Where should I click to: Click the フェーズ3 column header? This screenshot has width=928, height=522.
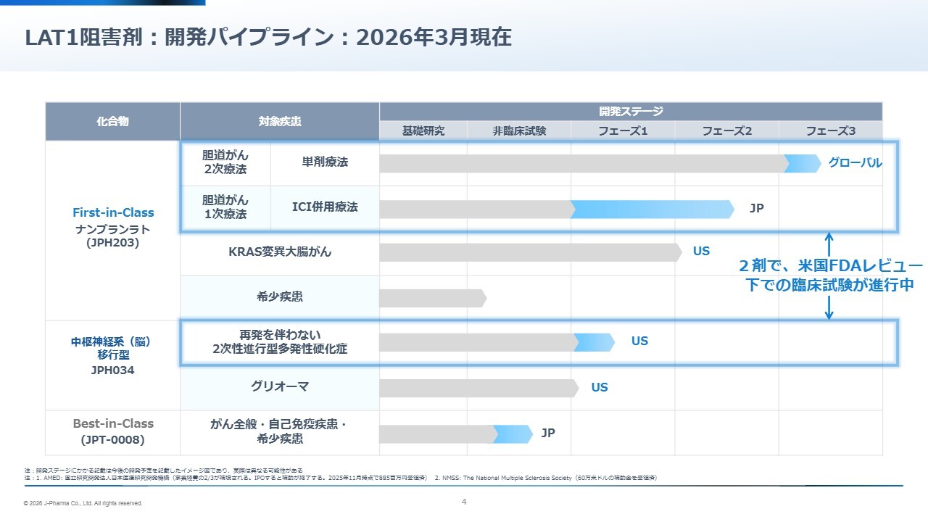pyautogui.click(x=830, y=131)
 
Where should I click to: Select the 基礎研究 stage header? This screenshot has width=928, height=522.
pyautogui.click(x=423, y=131)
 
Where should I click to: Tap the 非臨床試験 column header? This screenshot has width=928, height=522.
pyautogui.click(x=519, y=131)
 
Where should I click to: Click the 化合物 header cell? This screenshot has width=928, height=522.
pyautogui.click(x=112, y=122)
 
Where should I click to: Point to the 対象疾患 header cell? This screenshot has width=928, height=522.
pyautogui.click(x=279, y=122)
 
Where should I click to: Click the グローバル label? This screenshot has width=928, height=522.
pyautogui.click(x=855, y=163)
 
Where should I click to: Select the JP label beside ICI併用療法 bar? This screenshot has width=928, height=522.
pyautogui.click(x=756, y=209)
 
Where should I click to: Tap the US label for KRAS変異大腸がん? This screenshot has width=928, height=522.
pyautogui.click(x=701, y=252)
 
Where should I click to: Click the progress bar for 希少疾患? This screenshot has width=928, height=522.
pyautogui.click(x=432, y=298)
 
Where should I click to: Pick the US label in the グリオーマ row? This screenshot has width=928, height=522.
pyautogui.click(x=599, y=387)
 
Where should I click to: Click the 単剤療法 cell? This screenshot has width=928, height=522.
pyautogui.click(x=325, y=162)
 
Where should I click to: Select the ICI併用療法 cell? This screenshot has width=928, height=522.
pyautogui.click(x=325, y=207)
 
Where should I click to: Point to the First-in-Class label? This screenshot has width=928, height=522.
pyautogui.click(x=113, y=212)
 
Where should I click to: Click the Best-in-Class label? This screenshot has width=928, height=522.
pyautogui.click(x=113, y=423)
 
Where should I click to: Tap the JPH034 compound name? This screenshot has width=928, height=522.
pyautogui.click(x=112, y=370)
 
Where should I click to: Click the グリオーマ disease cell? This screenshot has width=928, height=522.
pyautogui.click(x=280, y=387)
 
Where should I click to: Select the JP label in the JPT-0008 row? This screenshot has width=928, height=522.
pyautogui.click(x=548, y=434)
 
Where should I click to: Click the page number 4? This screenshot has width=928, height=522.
pyautogui.click(x=464, y=502)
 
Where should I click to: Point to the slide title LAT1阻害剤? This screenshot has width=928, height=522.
pyautogui.click(x=268, y=38)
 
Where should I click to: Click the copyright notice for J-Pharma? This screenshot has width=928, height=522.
pyautogui.click(x=83, y=503)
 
